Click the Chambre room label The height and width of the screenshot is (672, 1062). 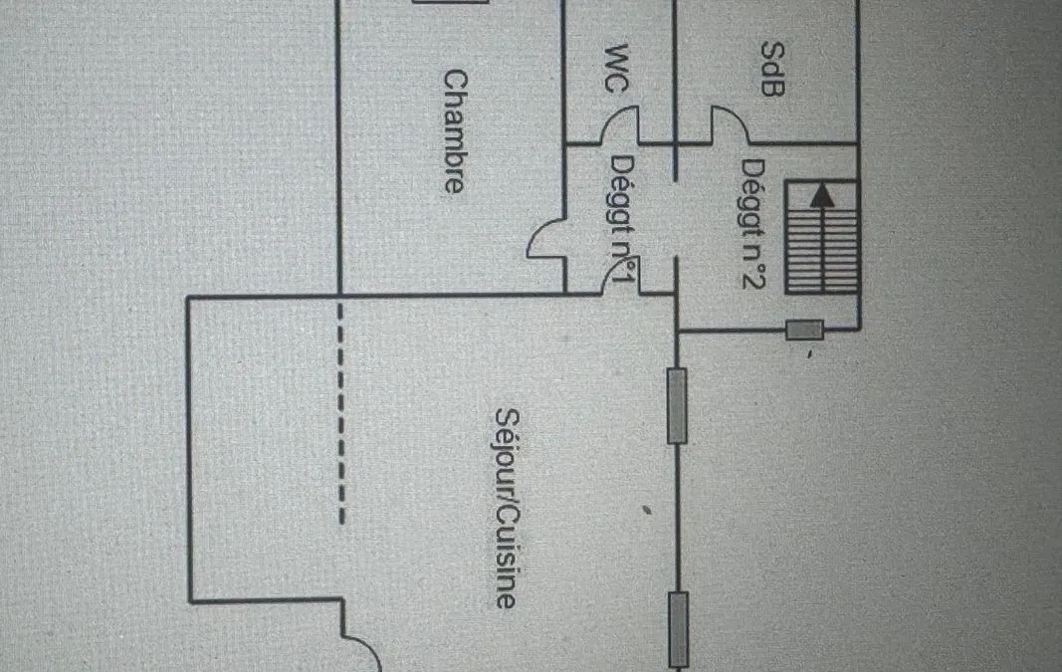click(x=455, y=131)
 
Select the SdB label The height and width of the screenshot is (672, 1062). click(x=773, y=69)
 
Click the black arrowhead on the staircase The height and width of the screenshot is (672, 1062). click(x=822, y=195)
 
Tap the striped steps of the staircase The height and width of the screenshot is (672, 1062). click(x=822, y=237)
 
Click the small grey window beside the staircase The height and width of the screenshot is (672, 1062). click(x=804, y=331)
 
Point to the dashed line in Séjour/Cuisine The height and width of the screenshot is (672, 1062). click(x=341, y=413)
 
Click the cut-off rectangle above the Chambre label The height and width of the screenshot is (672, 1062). click(x=450, y=2)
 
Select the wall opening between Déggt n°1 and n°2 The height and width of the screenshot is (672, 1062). click(x=676, y=219)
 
